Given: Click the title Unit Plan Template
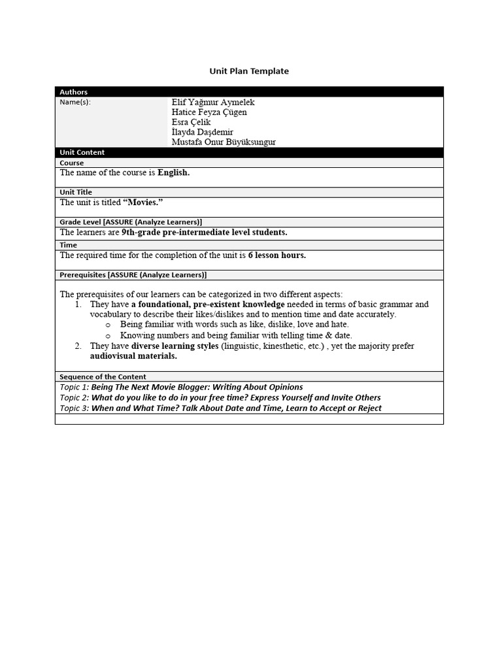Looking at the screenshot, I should (x=248, y=71).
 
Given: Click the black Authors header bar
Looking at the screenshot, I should (x=248, y=92).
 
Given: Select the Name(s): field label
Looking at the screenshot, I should (x=75, y=103).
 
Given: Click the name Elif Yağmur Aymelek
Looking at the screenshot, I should (x=213, y=103).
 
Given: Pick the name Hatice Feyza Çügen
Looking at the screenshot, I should (x=209, y=112).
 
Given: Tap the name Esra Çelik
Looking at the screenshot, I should (x=191, y=122).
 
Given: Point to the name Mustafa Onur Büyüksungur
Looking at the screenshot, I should (x=224, y=142).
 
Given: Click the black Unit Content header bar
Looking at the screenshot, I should (x=248, y=152).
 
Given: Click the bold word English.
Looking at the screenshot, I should (x=173, y=173).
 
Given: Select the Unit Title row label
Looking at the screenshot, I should (x=76, y=192).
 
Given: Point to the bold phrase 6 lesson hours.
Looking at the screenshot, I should (x=277, y=255).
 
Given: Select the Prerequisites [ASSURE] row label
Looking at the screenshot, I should (x=133, y=275).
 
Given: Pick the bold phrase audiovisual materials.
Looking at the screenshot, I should (x=133, y=356).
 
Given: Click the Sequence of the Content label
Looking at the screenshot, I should (x=103, y=377).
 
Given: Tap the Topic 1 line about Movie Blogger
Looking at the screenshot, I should (x=181, y=387).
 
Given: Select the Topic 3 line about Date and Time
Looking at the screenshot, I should (x=220, y=408).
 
